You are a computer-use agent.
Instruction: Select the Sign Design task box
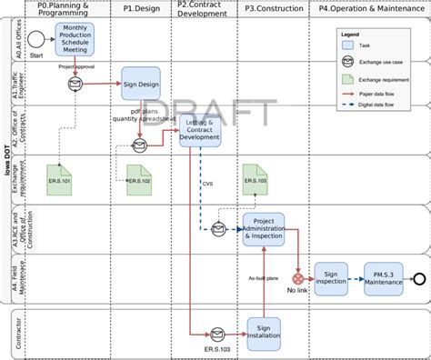click(141, 83)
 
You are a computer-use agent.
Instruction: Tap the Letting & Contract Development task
click(201, 129)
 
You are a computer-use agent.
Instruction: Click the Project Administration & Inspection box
click(264, 229)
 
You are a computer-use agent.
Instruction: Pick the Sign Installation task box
click(264, 333)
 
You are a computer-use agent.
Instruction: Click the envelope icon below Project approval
click(74, 84)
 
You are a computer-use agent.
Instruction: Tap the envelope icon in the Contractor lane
click(217, 334)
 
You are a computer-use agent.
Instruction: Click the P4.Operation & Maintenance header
click(368, 8)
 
